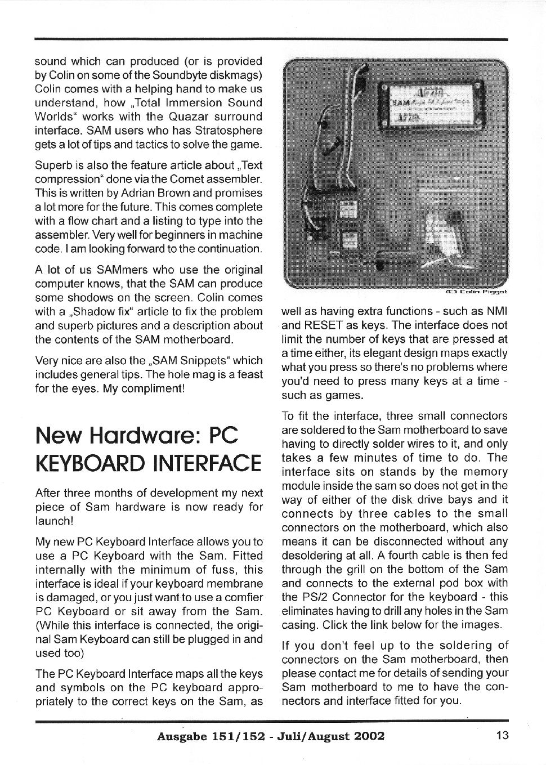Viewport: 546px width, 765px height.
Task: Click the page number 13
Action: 502,735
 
